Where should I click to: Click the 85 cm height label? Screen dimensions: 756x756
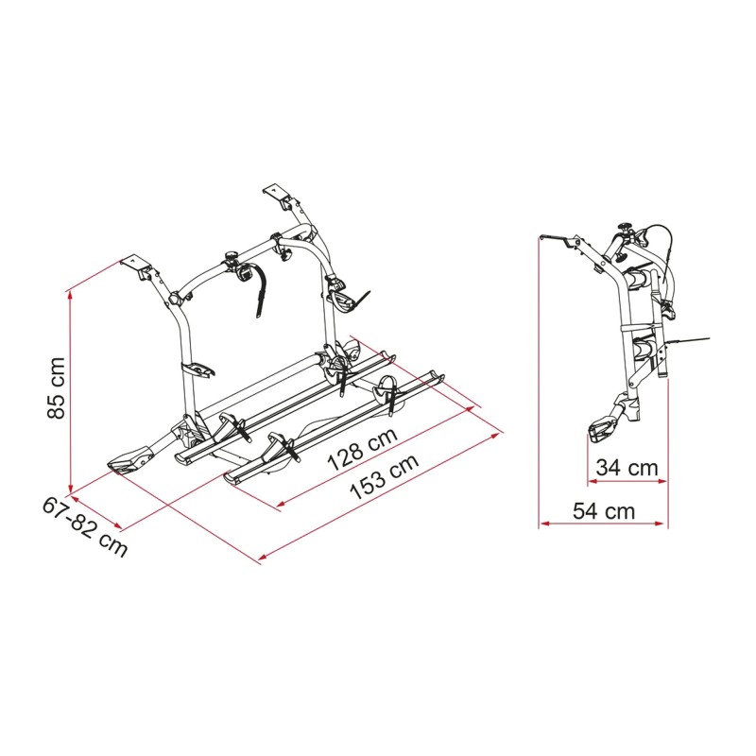pyautogui.click(x=57, y=388)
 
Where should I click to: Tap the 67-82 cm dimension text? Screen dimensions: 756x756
pyautogui.click(x=85, y=527)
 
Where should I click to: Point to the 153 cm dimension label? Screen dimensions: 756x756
pyautogui.click(x=384, y=477)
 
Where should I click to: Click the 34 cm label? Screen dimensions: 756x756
pyautogui.click(x=627, y=467)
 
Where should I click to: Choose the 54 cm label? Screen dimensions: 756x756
pyautogui.click(x=604, y=511)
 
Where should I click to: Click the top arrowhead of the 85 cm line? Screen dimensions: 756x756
pyautogui.click(x=71, y=295)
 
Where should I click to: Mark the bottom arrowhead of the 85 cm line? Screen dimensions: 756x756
pyautogui.click(x=71, y=488)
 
